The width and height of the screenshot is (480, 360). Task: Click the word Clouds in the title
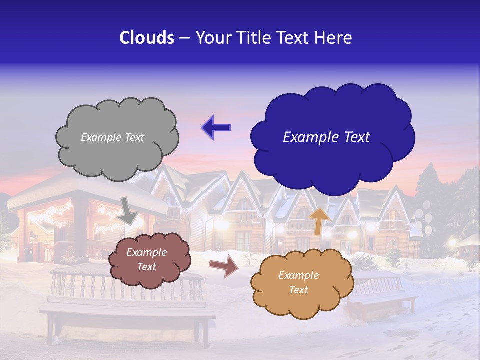[147, 38]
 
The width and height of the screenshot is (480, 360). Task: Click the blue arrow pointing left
[216, 128]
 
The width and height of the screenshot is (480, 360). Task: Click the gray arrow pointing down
[129, 210]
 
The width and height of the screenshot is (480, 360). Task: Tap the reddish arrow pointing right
[223, 267]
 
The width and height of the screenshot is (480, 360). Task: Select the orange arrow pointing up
[320, 221]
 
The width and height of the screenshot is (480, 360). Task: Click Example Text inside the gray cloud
[112, 137]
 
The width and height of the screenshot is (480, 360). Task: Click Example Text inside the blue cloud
[326, 137]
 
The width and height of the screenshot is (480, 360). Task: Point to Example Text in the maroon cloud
[147, 260]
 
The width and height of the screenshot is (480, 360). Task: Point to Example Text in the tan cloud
[298, 283]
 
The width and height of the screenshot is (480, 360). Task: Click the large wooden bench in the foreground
[127, 310]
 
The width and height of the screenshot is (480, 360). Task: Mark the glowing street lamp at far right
[453, 243]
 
